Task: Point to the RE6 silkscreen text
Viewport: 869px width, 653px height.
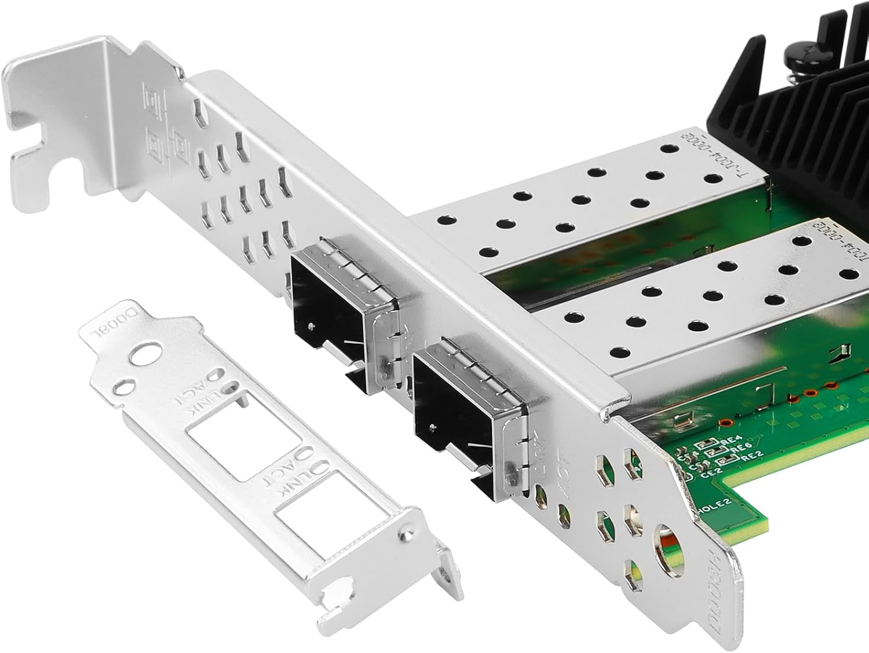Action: click(737, 449)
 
